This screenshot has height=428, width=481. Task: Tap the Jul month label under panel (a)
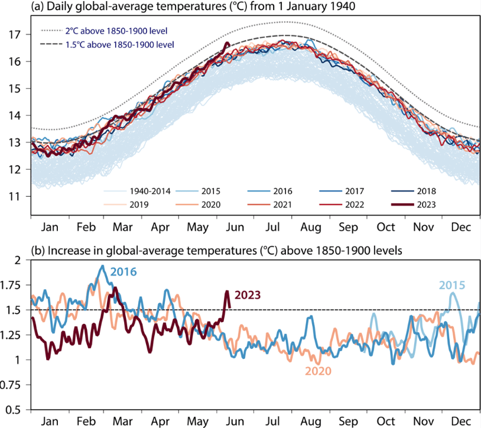[277, 227]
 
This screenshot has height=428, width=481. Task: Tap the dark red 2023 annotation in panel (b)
[248, 295]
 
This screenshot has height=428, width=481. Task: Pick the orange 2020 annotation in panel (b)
[318, 371]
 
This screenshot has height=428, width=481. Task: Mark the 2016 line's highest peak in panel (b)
[102, 266]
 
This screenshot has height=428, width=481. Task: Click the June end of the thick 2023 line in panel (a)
[227, 43]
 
